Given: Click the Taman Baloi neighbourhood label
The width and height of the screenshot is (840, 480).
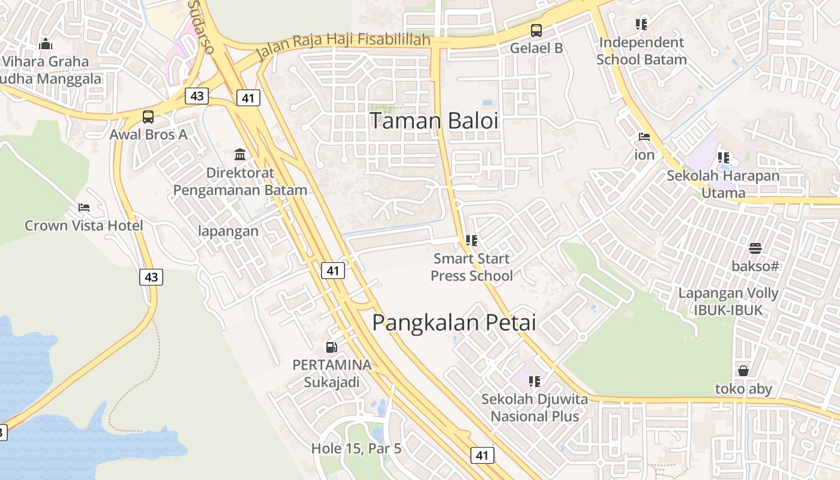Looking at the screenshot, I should click(x=434, y=121).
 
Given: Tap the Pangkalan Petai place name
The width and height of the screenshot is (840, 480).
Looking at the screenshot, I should click(x=454, y=323).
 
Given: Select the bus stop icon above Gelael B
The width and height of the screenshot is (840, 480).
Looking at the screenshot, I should click(x=536, y=30).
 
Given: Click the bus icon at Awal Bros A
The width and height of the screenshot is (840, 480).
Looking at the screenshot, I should click(x=148, y=117).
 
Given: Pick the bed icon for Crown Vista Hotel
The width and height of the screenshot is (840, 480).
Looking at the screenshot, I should click(x=84, y=208).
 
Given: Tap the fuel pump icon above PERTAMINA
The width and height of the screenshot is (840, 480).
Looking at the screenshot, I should click(x=331, y=347).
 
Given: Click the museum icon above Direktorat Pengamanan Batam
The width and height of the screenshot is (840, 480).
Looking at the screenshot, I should click(x=240, y=155).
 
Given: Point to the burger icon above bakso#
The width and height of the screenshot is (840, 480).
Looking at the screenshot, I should click(x=755, y=248).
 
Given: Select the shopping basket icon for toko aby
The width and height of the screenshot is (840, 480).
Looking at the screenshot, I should click(x=743, y=371).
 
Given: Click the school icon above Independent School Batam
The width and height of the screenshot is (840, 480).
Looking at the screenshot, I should click(x=641, y=25).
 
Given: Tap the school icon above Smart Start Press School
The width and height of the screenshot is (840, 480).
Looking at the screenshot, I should click(x=472, y=241).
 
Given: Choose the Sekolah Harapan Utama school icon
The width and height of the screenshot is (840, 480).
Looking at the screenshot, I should click(x=724, y=158).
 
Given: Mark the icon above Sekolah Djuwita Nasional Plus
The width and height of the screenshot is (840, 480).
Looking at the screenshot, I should click(x=535, y=381).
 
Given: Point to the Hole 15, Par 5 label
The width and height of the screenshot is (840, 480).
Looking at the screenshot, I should click(x=356, y=448).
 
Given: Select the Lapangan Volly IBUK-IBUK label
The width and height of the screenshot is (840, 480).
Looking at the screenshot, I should click(x=728, y=302).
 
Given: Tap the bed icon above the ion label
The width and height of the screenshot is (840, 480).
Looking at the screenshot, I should click(x=644, y=137).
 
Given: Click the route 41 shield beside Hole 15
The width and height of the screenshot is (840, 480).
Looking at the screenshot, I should click(x=482, y=455).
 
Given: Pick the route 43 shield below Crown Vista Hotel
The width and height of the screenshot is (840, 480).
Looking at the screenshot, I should click(x=151, y=277).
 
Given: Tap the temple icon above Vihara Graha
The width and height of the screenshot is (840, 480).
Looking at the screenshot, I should click(x=45, y=44).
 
